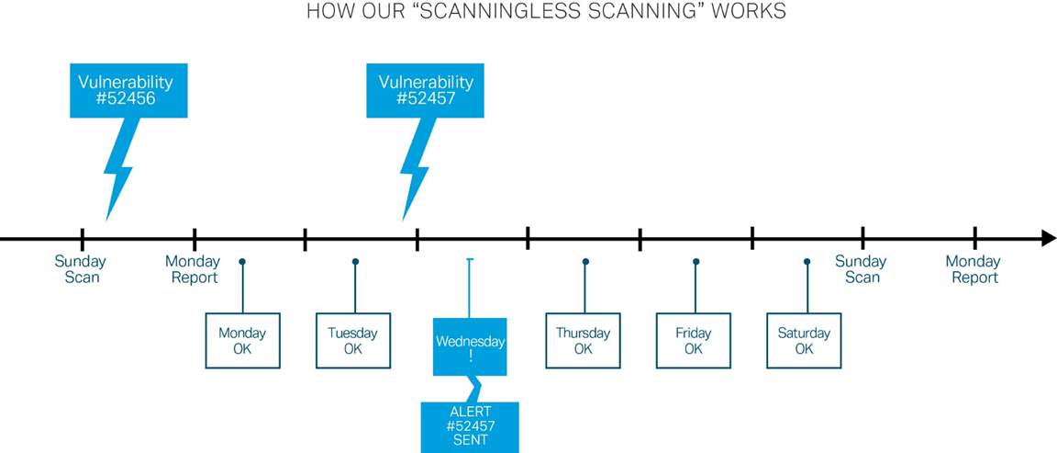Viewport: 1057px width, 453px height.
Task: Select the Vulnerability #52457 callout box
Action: click(x=425, y=90)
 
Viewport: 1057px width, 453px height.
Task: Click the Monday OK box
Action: click(x=242, y=341)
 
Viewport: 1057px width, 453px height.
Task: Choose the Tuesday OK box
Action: click(x=353, y=341)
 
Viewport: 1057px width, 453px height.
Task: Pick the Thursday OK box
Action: click(x=583, y=341)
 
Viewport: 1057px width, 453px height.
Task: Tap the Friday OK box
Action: click(x=694, y=341)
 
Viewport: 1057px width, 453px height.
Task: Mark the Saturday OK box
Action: click(x=804, y=341)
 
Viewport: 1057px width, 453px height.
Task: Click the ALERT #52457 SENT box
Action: click(x=470, y=426)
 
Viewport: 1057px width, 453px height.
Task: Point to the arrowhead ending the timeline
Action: click(x=1048, y=239)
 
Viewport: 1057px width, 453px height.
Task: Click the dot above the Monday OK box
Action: click(x=242, y=262)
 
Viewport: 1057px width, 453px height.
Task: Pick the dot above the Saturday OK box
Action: click(x=807, y=262)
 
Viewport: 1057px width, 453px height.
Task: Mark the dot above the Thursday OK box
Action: click(x=585, y=262)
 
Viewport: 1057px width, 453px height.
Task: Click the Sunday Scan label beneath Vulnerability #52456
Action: click(x=81, y=269)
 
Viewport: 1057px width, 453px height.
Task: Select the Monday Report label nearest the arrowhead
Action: click(x=974, y=269)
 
